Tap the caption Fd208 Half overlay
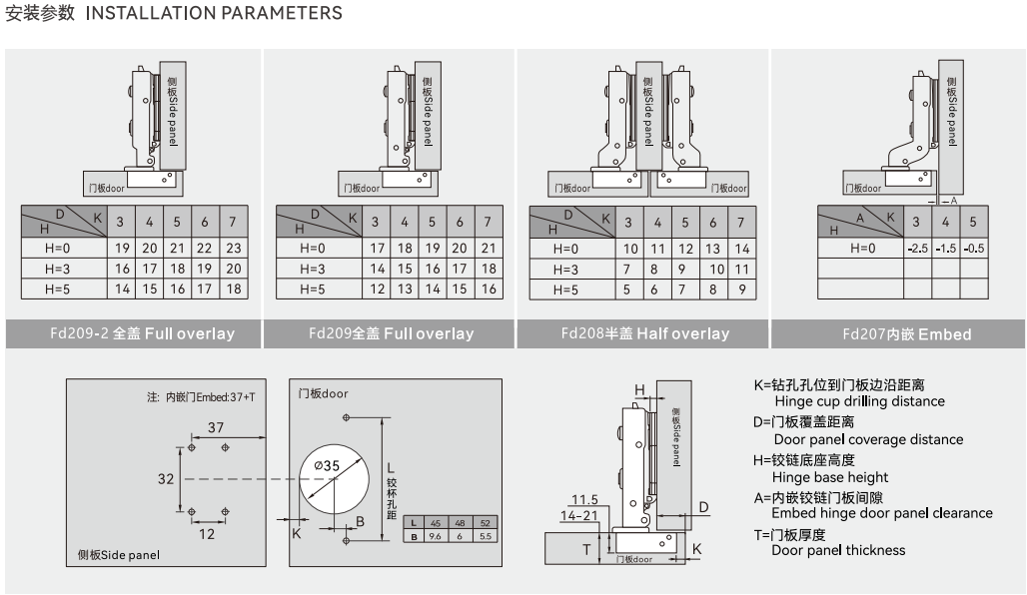[644, 333]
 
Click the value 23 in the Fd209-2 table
[234, 248]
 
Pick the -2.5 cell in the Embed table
[917, 248]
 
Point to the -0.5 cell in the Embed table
[974, 248]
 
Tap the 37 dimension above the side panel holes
[215, 427]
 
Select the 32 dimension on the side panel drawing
[166, 478]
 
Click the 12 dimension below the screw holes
[207, 534]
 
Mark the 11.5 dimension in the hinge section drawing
[584, 500]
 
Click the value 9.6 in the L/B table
[435, 536]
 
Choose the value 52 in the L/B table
[486, 523]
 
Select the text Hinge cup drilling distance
[859, 401]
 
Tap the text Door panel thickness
[838, 550]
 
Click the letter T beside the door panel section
[587, 549]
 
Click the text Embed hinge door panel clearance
[882, 513]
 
